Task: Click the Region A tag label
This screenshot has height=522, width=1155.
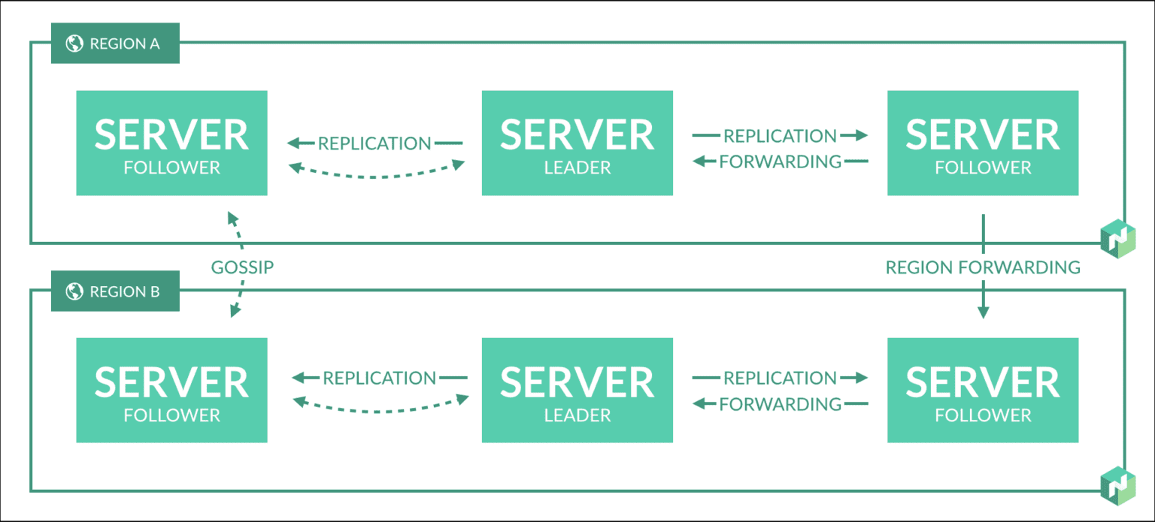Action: (x=115, y=44)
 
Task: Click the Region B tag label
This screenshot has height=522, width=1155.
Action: (x=115, y=291)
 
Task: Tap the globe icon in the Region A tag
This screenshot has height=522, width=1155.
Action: (x=74, y=44)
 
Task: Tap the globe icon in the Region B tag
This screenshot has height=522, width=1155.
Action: (x=74, y=291)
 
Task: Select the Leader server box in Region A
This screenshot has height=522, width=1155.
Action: (x=577, y=143)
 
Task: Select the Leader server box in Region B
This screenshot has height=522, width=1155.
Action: (x=577, y=390)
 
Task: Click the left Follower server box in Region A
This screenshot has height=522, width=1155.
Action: (x=171, y=143)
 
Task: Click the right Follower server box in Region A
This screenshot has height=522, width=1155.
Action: (x=982, y=143)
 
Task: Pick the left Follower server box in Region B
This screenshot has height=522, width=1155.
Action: (x=171, y=390)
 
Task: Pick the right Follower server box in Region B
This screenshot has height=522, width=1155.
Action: (x=982, y=390)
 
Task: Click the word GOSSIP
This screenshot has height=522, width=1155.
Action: (x=242, y=267)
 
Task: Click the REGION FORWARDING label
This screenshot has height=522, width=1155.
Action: (x=982, y=267)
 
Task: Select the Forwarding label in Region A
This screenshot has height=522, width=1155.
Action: (x=780, y=161)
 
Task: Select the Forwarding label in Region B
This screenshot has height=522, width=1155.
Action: (x=780, y=404)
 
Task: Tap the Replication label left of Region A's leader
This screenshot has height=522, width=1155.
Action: (x=374, y=143)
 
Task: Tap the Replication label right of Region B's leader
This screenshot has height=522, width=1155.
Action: (x=780, y=378)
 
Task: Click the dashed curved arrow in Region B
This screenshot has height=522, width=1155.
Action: (x=380, y=409)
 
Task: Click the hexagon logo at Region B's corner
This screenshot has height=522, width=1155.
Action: (x=1117, y=484)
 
